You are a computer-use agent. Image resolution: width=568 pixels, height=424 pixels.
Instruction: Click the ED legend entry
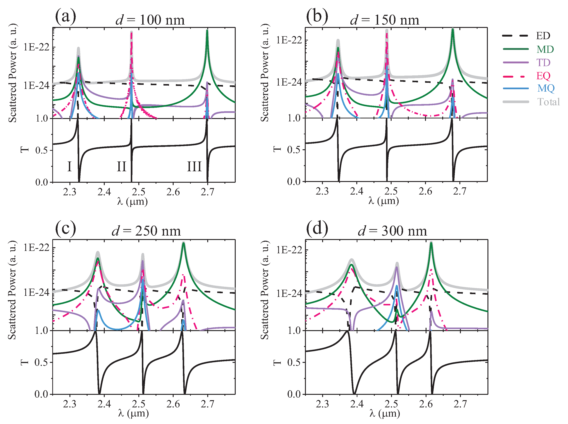click(543, 36)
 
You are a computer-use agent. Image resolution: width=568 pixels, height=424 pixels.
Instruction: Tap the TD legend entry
click(543, 62)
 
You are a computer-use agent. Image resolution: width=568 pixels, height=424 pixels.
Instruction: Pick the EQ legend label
click(543, 76)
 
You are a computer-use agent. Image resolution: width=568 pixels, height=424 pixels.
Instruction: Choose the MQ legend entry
click(546, 88)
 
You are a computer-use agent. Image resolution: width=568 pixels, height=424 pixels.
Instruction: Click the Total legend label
click(548, 102)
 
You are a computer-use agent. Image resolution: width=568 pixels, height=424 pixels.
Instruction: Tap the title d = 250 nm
click(146, 231)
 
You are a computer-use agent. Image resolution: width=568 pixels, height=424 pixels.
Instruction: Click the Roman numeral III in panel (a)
click(194, 167)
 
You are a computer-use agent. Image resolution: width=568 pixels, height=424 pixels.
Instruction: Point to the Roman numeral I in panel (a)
click(69, 167)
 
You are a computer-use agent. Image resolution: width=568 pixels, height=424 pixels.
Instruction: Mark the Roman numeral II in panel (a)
click(121, 167)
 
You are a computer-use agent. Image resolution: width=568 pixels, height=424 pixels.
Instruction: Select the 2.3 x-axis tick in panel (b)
click(322, 191)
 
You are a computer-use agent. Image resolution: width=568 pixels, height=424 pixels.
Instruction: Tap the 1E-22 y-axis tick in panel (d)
click(289, 250)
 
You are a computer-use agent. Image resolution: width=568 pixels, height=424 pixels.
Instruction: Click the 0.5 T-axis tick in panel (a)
click(42, 150)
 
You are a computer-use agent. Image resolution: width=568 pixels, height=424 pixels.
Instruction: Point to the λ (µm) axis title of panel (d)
click(385, 413)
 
